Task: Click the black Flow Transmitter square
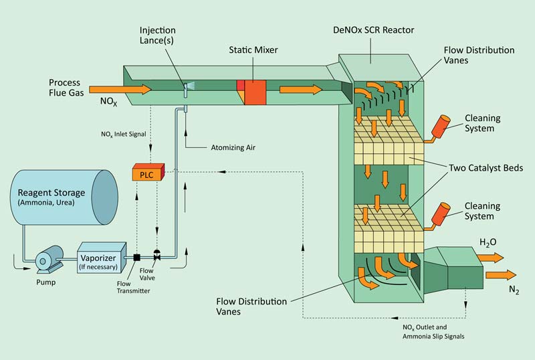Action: pyautogui.click(x=136, y=258)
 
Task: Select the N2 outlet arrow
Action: pyautogui.click(x=501, y=274)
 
